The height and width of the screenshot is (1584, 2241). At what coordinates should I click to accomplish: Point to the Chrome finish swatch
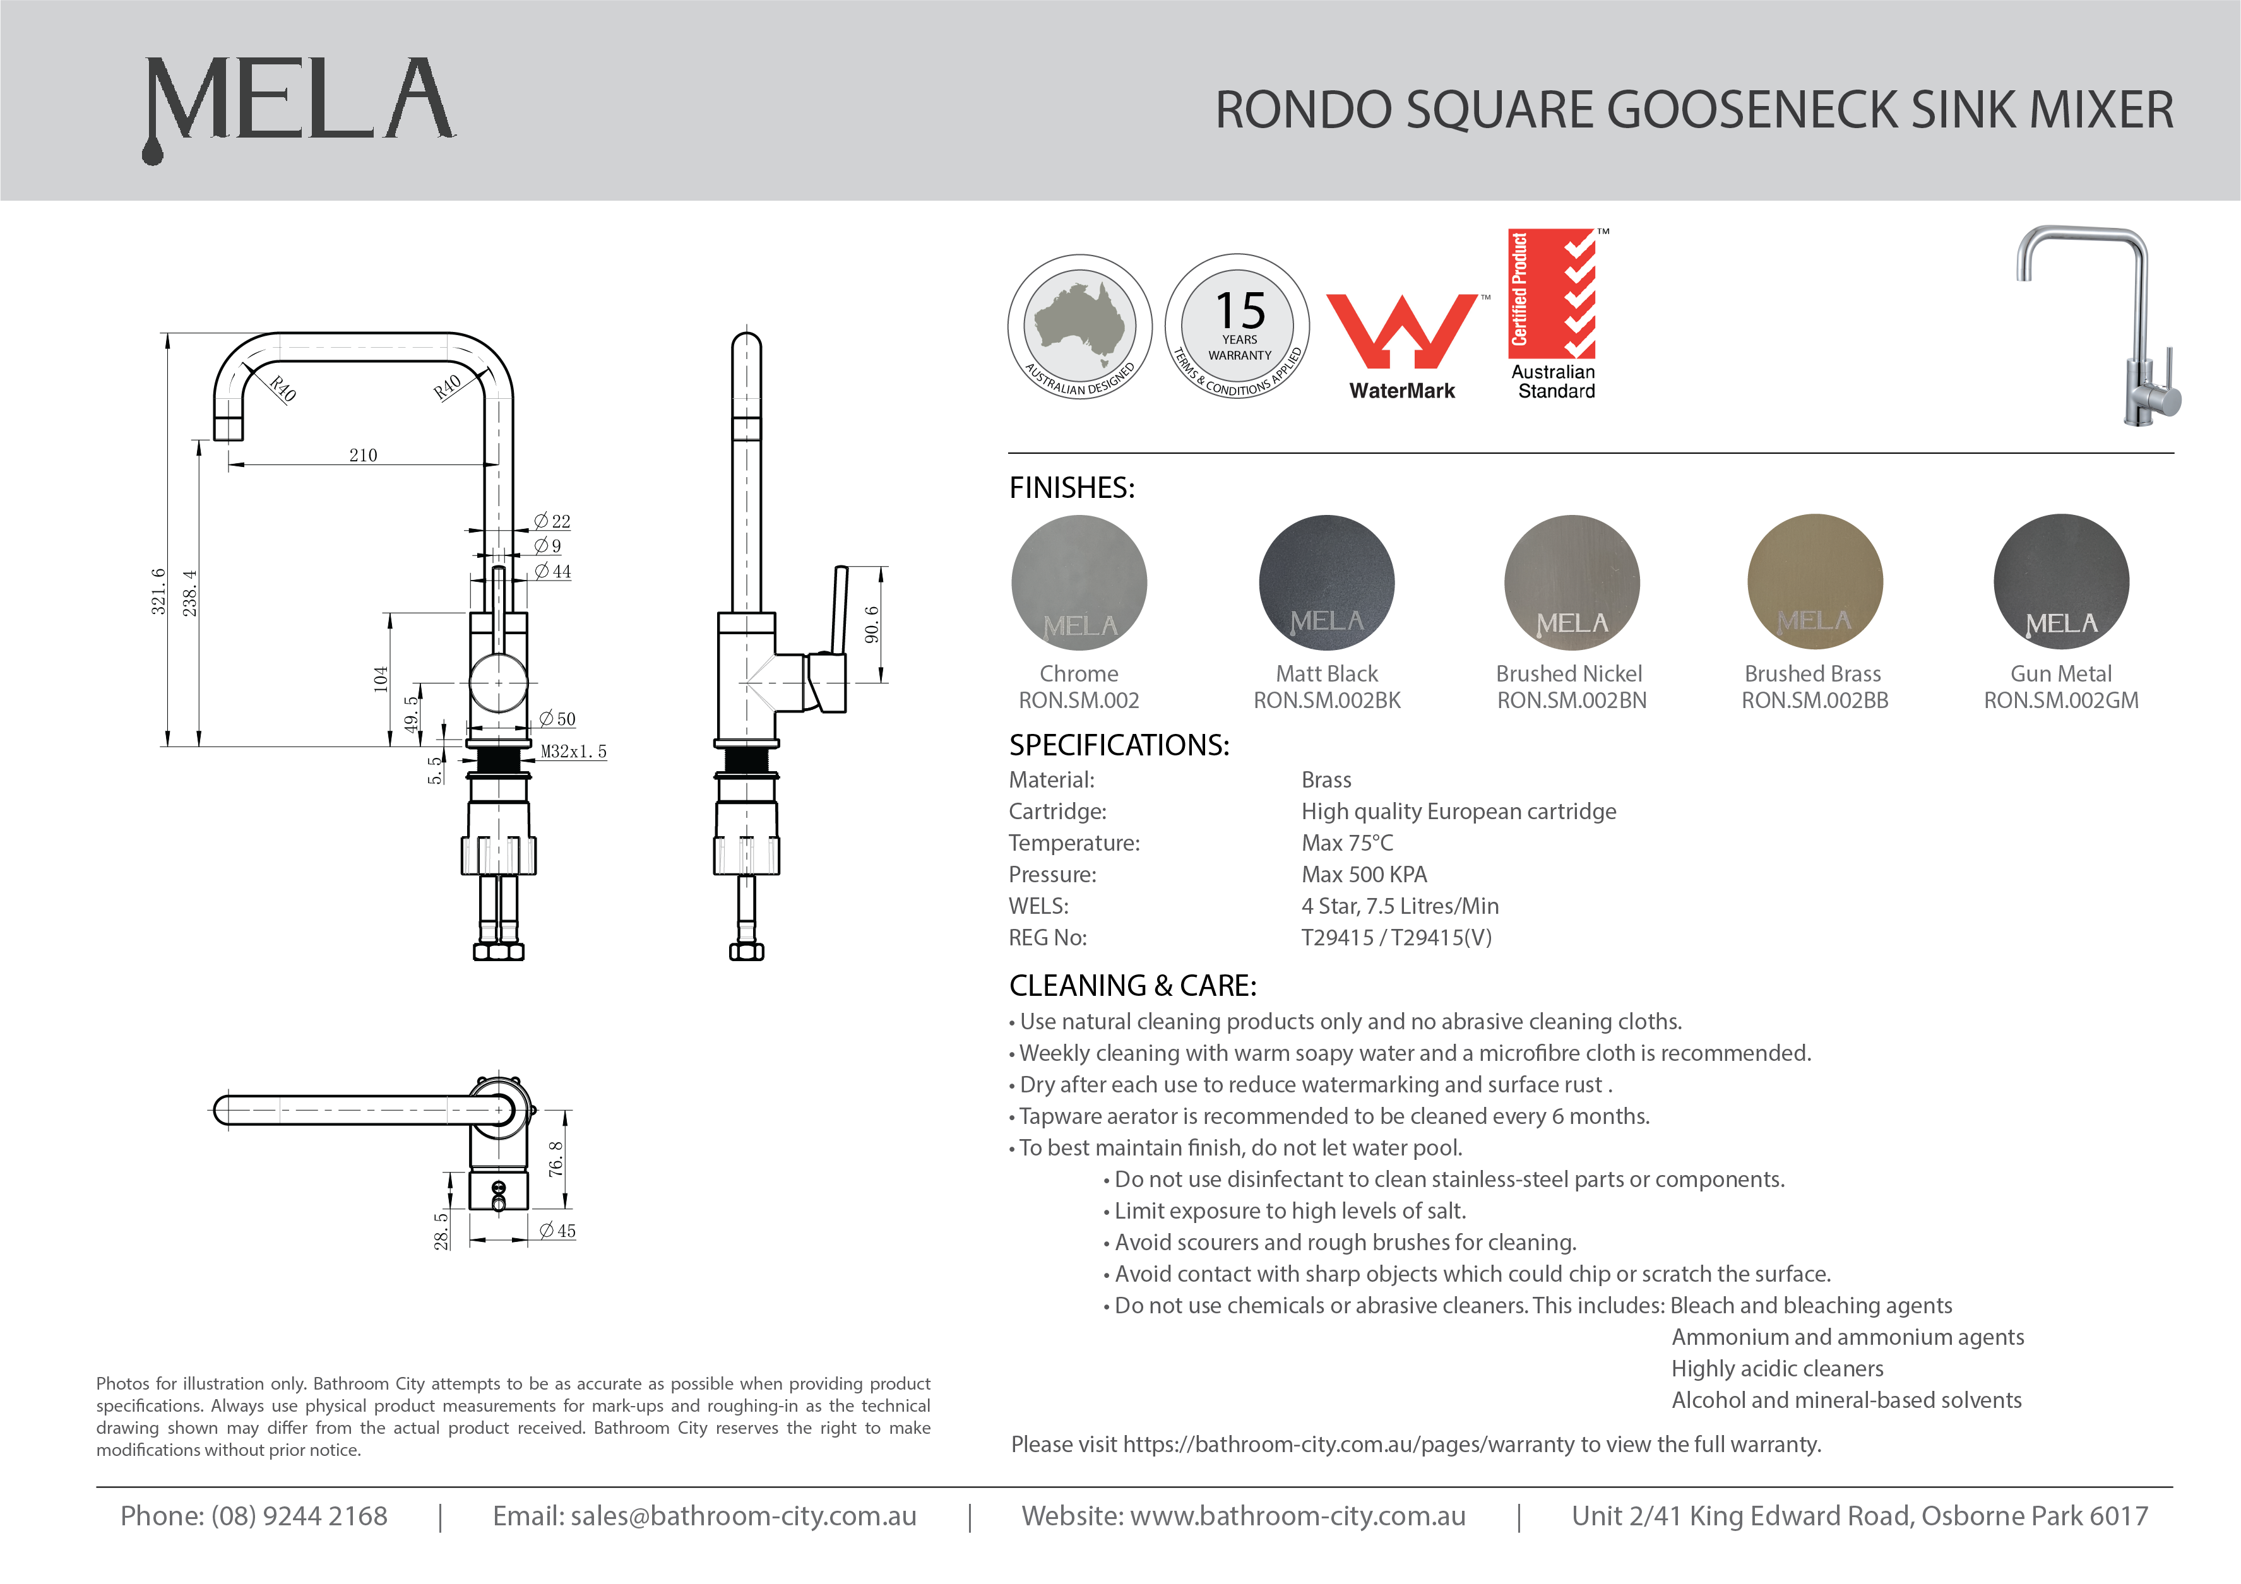click(1079, 582)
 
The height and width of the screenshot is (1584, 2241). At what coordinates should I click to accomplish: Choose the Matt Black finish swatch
click(1326, 582)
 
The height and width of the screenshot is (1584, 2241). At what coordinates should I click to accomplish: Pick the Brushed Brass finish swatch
click(1814, 582)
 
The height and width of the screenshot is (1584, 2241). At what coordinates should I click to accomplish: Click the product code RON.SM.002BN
click(1571, 700)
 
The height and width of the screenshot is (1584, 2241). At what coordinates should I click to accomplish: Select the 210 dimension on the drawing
click(363, 455)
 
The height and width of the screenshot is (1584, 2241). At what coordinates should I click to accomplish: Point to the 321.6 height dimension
click(158, 591)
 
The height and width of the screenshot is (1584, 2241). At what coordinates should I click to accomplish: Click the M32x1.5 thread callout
click(573, 752)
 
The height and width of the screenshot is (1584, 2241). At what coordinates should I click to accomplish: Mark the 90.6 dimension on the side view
click(872, 625)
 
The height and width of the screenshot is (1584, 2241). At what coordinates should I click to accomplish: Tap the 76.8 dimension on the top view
click(556, 1159)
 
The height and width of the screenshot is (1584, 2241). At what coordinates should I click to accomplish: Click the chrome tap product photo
click(2098, 327)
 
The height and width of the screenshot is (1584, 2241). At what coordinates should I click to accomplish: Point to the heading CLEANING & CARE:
click(1132, 986)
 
